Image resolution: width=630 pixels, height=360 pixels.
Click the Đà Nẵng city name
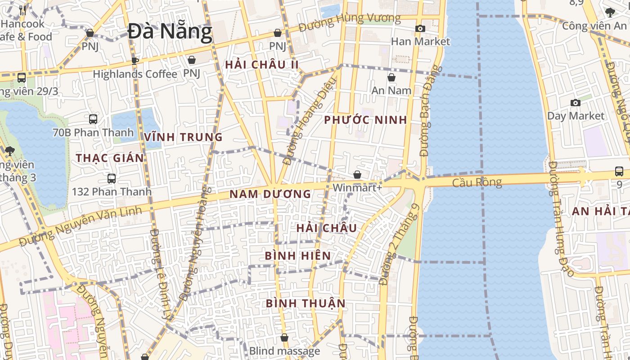170,32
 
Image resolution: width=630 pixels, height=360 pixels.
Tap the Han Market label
420,41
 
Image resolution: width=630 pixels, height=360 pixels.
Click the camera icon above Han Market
420,29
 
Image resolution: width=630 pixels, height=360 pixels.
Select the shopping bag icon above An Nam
391,77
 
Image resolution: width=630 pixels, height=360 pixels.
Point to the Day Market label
576,116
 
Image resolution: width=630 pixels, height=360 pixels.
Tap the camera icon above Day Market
575,103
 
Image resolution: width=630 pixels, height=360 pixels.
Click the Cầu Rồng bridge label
477,182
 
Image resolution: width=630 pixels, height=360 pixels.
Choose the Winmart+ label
357,187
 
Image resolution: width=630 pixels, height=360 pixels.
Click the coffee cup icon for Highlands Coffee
134,61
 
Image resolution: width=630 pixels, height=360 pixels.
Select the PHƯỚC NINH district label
365,120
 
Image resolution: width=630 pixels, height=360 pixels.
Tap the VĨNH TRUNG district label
183,137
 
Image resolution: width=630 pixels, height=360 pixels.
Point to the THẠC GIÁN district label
110,158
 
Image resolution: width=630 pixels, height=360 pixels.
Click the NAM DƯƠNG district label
270,194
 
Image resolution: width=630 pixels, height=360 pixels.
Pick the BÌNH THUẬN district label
306,303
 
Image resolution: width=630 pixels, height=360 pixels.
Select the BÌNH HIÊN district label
297,256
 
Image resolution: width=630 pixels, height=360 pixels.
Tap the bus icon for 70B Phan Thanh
93,119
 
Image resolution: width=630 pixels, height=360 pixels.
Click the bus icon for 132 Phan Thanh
112,179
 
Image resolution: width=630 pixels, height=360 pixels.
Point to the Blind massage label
284,351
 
